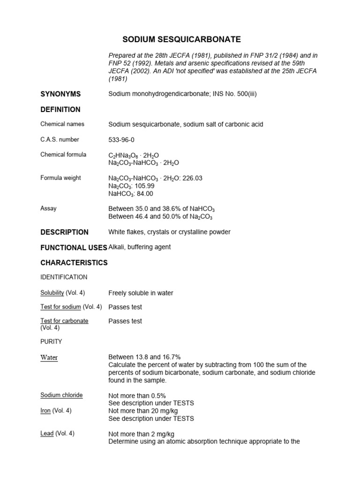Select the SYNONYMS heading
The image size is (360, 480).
pyautogui.click(x=60, y=94)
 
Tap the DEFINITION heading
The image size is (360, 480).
pyautogui.click(x=60, y=110)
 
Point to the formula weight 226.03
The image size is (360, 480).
pyautogui.click(x=192, y=178)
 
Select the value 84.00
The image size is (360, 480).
pyautogui.click(x=143, y=194)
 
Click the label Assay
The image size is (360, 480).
pyautogui.click(x=49, y=208)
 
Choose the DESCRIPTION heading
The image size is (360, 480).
pyautogui.click(x=64, y=232)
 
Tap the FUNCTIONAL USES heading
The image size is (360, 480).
pyautogui.click(x=74, y=247)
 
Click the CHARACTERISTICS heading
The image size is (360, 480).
pyautogui.click(x=74, y=263)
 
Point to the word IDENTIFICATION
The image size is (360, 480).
pyautogui.click(x=64, y=277)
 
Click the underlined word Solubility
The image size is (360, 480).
pyautogui.click(x=52, y=293)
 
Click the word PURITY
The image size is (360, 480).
pyautogui.click(x=51, y=342)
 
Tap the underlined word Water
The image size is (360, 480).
pyautogui.click(x=49, y=358)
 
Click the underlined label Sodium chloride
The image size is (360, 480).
pyautogui.click(x=61, y=395)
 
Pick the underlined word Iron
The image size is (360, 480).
pyautogui.click(x=46, y=411)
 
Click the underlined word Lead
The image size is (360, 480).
pyautogui.click(x=47, y=434)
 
